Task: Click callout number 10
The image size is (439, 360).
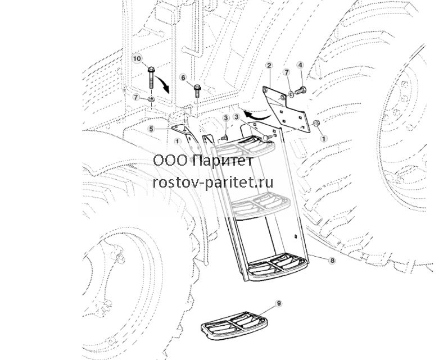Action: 137,58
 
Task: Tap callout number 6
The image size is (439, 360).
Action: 183,77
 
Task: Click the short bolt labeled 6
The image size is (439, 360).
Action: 197,90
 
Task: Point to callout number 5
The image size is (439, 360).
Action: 151,129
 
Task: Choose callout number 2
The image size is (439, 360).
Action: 269,66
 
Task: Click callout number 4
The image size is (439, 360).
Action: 300,65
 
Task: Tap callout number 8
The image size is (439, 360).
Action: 332,261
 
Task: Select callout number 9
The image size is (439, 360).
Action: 279,303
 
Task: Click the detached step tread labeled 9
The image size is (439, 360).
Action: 234,325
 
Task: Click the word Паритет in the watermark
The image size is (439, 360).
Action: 223,161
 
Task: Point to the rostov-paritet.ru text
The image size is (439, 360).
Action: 213,183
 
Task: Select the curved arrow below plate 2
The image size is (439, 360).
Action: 256,115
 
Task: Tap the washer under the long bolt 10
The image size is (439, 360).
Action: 152,99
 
